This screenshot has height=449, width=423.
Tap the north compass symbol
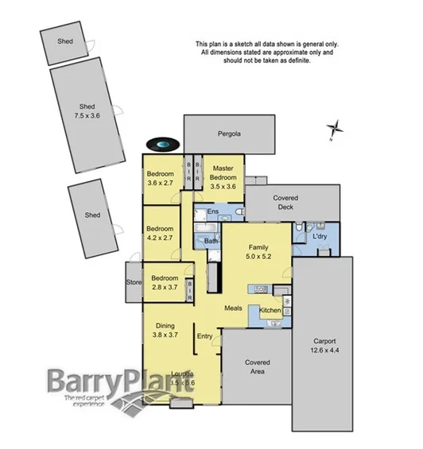coord(336,129)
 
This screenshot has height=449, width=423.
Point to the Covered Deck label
coord(284,202)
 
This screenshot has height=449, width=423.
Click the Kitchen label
coord(270,310)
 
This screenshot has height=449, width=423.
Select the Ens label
coord(212,212)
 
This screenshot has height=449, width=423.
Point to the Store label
coord(133,283)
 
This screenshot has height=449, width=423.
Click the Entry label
coord(205,335)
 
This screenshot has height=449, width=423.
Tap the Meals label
coord(233,308)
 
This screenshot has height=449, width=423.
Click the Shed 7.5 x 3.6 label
coord(87,110)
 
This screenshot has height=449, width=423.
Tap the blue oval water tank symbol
coord(162,144)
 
